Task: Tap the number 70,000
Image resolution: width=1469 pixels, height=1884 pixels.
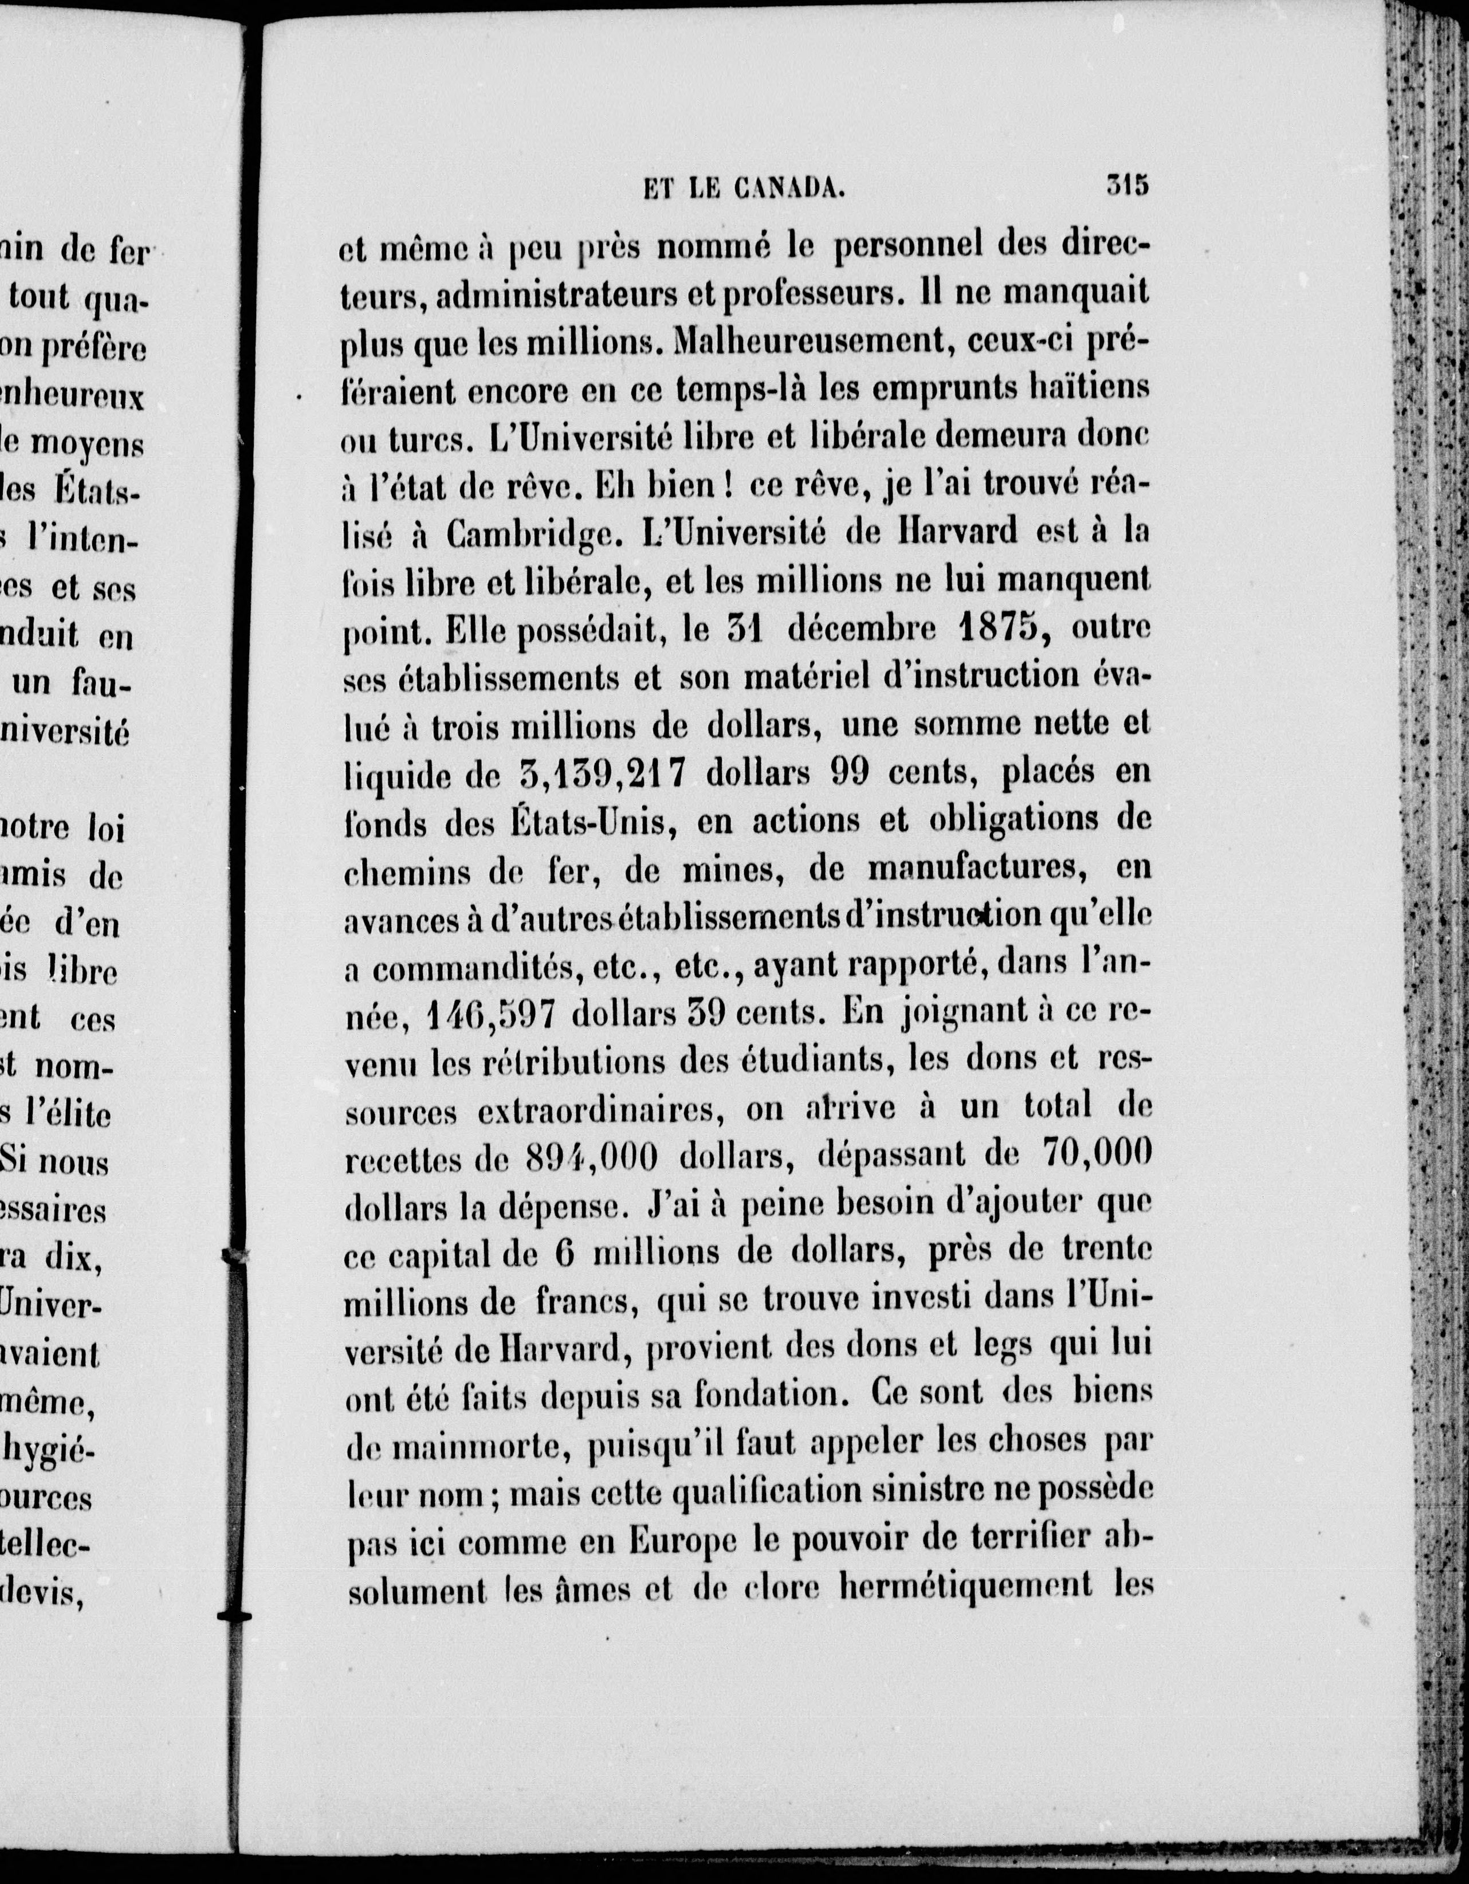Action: [1097, 1154]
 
